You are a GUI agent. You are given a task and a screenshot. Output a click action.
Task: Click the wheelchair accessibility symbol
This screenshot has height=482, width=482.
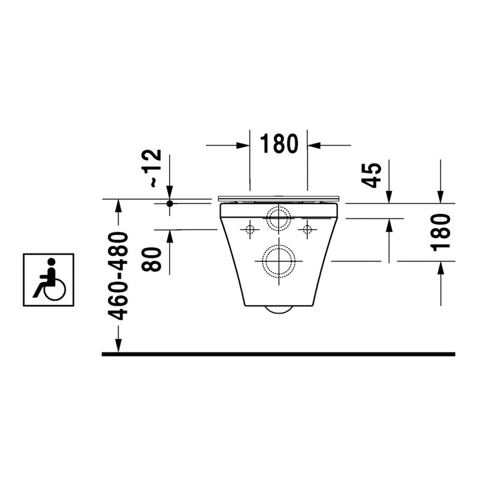pyautogui.click(x=48, y=280)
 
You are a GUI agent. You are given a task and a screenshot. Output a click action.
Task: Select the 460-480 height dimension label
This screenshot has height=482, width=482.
pyautogui.click(x=118, y=276)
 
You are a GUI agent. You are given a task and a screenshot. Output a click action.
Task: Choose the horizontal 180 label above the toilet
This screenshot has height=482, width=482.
pyautogui.click(x=279, y=145)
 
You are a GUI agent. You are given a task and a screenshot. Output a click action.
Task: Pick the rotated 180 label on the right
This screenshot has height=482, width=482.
pyautogui.click(x=441, y=232)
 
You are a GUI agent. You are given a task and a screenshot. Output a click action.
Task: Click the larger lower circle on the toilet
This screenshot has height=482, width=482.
pyautogui.click(x=278, y=261)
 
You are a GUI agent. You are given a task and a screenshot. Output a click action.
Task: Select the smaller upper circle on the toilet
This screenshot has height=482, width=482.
pyautogui.click(x=278, y=218)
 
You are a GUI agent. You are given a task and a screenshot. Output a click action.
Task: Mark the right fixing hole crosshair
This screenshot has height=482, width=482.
pyautogui.click(x=307, y=230)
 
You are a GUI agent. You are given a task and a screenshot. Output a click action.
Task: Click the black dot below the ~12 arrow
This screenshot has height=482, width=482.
pyautogui.click(x=170, y=203)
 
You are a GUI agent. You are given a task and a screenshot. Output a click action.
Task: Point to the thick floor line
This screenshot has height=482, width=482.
pyautogui.click(x=278, y=354)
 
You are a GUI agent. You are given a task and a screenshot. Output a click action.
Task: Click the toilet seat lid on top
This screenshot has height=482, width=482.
pyautogui.click(x=278, y=198)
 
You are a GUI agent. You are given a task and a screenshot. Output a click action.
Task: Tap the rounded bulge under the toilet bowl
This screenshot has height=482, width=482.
pyautogui.click(x=278, y=310)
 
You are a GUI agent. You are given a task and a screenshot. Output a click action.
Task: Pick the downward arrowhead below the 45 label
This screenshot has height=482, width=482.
pyautogui.click(x=389, y=196)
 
